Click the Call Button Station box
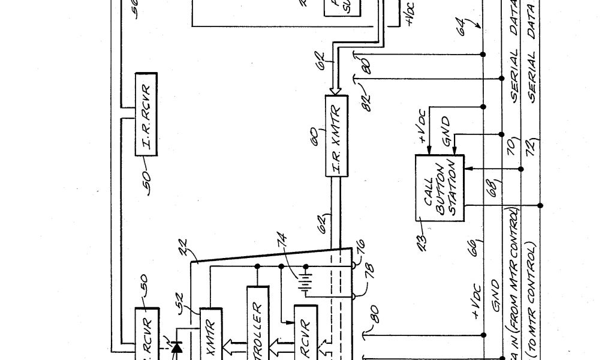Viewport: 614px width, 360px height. tap(440, 188)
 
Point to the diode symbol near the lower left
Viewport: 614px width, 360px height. tap(176, 347)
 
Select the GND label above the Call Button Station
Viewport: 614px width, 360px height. tap(445, 126)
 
